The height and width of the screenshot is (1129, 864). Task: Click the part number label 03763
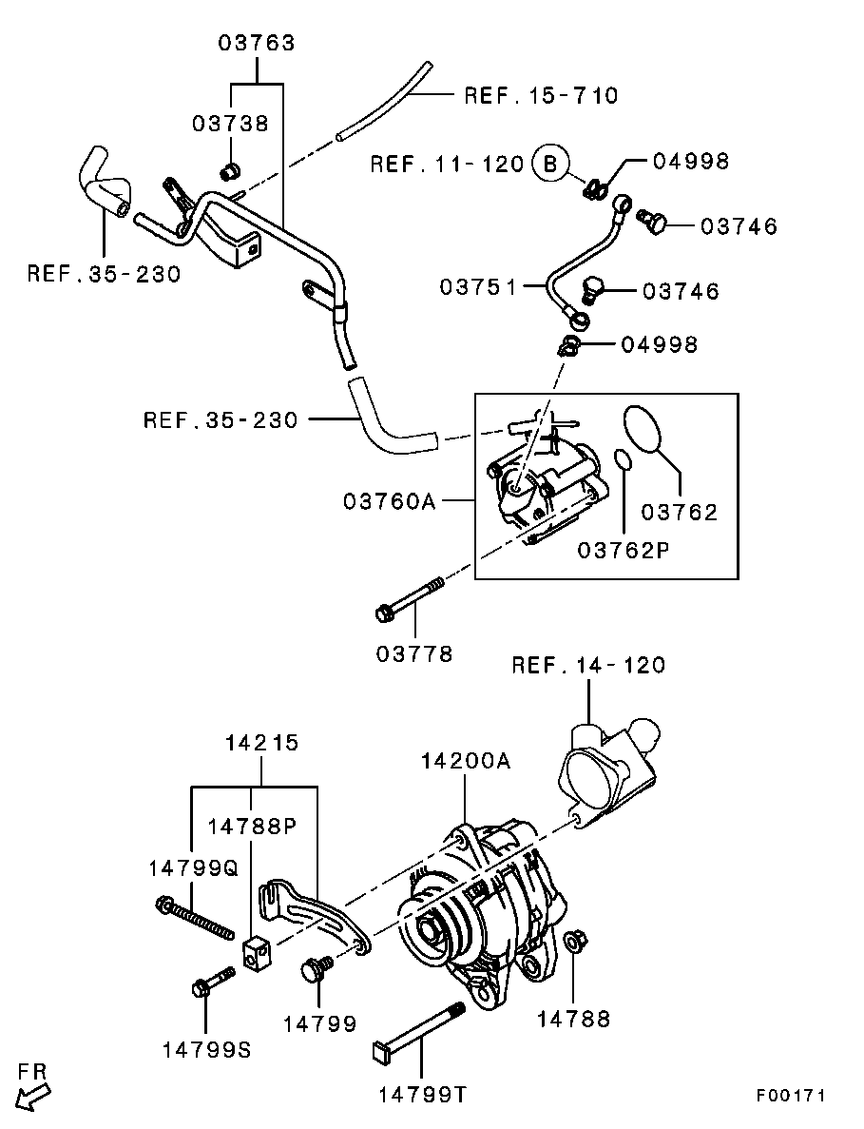click(257, 43)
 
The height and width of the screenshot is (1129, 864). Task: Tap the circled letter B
click(548, 164)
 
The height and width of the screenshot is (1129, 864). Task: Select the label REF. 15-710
click(540, 95)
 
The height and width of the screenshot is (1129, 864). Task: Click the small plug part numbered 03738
click(229, 171)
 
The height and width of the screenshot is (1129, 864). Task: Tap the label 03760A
click(389, 500)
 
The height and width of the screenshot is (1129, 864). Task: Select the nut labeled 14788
click(574, 944)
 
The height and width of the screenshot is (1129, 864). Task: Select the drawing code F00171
click(790, 1096)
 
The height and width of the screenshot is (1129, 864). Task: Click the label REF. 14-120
click(588, 665)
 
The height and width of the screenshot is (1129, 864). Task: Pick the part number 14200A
click(466, 761)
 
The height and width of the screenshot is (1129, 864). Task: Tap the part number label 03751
click(477, 286)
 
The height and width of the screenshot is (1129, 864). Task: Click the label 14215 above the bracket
click(261, 743)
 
